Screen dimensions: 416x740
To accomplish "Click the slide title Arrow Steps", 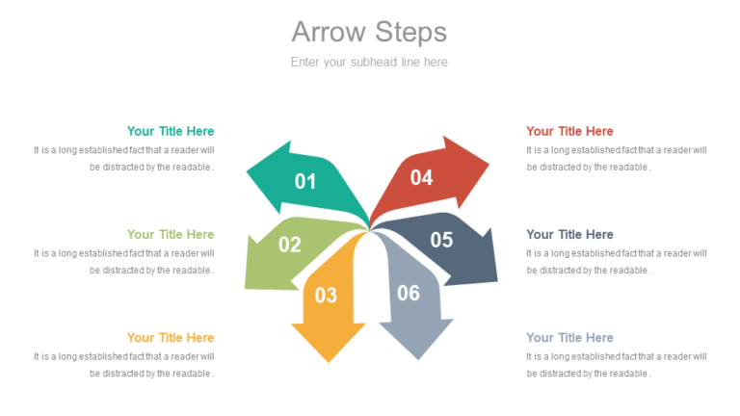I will (x=369, y=32).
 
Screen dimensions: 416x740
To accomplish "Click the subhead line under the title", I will (x=369, y=62).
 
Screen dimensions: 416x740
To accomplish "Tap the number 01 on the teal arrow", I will (x=305, y=181).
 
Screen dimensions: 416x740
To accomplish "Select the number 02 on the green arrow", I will (x=290, y=245).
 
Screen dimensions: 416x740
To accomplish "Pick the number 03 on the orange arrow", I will (x=326, y=296).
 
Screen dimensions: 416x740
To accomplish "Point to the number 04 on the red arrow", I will (x=421, y=177).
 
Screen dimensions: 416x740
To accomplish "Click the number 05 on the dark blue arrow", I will (x=441, y=240).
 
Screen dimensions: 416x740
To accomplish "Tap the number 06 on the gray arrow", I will (x=409, y=293).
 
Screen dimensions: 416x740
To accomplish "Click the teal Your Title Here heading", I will (x=171, y=131).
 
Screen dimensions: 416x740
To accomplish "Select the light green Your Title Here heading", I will (x=171, y=234).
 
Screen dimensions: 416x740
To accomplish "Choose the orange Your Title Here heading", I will (x=171, y=337).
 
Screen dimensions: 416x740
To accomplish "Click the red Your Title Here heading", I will (x=569, y=131).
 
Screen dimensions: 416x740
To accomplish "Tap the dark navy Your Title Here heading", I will (x=569, y=234).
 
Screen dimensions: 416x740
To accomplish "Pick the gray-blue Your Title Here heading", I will (x=569, y=337).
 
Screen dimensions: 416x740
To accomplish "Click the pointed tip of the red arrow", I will (x=488, y=162).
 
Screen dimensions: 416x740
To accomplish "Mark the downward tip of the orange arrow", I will (x=328, y=360).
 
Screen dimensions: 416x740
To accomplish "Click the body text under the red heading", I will (x=617, y=158).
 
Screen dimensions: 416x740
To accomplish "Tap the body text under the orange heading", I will (x=124, y=364).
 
